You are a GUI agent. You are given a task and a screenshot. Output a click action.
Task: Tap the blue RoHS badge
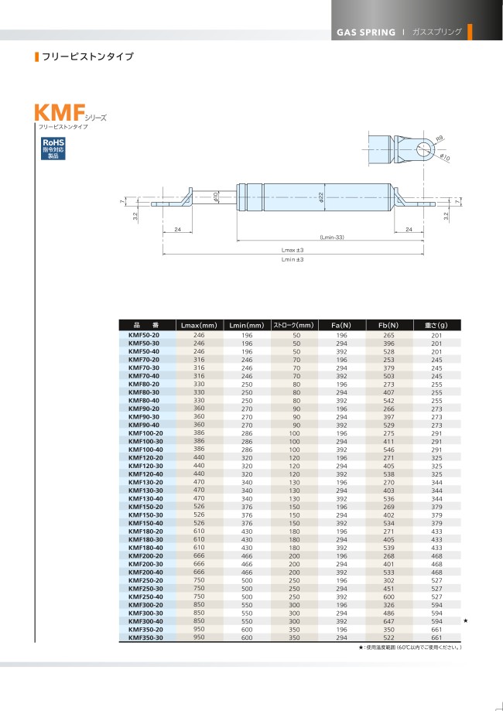[53, 148]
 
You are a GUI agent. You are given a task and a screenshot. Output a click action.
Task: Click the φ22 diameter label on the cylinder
[321, 198]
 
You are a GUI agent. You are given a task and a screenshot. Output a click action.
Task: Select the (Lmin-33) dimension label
[332, 238]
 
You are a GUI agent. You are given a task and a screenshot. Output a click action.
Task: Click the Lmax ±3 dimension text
[293, 250]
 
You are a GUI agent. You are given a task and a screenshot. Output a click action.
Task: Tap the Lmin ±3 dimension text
[293, 259]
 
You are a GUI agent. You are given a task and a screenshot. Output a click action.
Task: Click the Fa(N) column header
[341, 325]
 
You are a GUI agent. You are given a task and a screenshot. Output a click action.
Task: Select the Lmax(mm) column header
[199, 325]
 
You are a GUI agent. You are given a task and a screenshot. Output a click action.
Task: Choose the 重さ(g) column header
[436, 325]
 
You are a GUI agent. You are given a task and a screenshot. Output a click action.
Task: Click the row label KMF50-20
[144, 335]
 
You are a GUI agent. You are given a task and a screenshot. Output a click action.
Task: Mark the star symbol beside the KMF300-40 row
[465, 620]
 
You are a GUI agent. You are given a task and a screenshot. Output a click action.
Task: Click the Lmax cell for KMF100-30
[199, 441]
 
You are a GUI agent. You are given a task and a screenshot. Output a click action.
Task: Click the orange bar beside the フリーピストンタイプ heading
[36, 57]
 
